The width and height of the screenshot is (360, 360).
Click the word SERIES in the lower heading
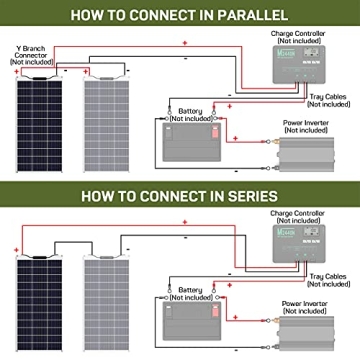tap(249, 196)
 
